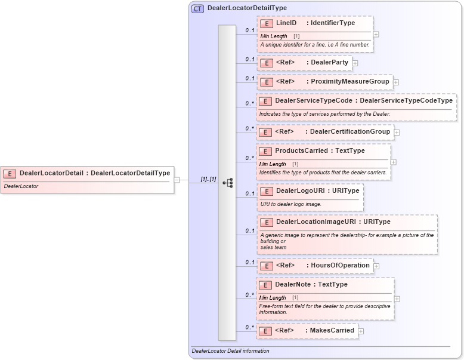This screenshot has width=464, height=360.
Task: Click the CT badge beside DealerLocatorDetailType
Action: pyautogui.click(x=197, y=8)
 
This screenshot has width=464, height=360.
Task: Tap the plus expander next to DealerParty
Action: pyautogui.click(x=355, y=63)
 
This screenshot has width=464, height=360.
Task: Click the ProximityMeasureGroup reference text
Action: pyautogui.click(x=349, y=81)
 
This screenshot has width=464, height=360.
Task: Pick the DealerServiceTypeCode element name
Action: pyautogui.click(x=313, y=100)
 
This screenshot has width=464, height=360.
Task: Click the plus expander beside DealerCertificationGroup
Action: pyautogui.click(x=397, y=132)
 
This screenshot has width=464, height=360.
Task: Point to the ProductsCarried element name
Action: pyautogui.click(x=301, y=151)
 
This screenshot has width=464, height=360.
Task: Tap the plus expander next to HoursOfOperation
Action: pyautogui.click(x=376, y=266)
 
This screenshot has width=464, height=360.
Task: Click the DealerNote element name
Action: pyautogui.click(x=293, y=284)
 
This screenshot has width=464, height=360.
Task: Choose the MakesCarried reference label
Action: pyautogui.click(x=332, y=330)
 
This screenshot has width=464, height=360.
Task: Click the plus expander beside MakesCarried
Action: pyautogui.click(x=361, y=331)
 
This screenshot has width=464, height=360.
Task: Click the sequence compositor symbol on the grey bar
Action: pyautogui.click(x=227, y=183)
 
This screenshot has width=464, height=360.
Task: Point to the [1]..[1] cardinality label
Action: pyautogui.click(x=208, y=179)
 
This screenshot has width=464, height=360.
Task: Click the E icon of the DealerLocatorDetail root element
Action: pyautogui.click(x=10, y=173)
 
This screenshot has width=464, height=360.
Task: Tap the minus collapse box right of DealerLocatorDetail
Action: pyautogui.click(x=177, y=180)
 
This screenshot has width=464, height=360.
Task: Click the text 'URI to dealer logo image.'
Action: pyautogui.click(x=290, y=204)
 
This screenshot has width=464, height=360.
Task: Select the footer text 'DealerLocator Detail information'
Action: pyautogui.click(x=231, y=351)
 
